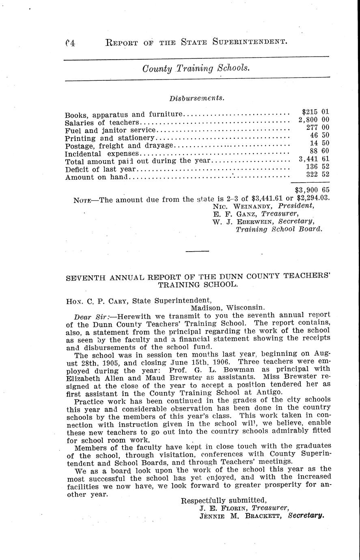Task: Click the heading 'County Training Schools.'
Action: [x=196, y=69]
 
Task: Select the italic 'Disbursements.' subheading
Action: [x=197, y=98]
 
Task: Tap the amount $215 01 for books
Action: [x=316, y=112]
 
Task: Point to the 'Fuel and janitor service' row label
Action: [x=110, y=130]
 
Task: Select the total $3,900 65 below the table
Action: [x=312, y=189]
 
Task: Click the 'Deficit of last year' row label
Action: [x=101, y=169]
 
